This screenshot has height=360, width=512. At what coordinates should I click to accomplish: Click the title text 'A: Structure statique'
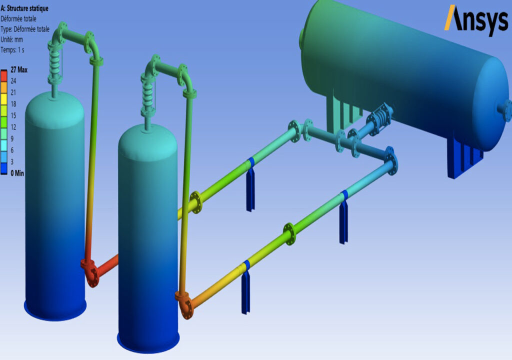click(24, 8)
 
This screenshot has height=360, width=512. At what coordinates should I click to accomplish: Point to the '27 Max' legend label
click(19, 69)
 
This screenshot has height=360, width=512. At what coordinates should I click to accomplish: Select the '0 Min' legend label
click(17, 173)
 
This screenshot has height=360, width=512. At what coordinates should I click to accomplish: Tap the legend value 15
click(13, 115)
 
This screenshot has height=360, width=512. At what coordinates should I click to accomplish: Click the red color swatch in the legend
click(4, 75)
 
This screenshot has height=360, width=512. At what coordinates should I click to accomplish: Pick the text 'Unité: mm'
click(12, 39)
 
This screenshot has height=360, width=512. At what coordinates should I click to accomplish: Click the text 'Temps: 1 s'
click(12, 50)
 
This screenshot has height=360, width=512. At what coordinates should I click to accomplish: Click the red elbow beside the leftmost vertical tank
click(90, 270)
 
